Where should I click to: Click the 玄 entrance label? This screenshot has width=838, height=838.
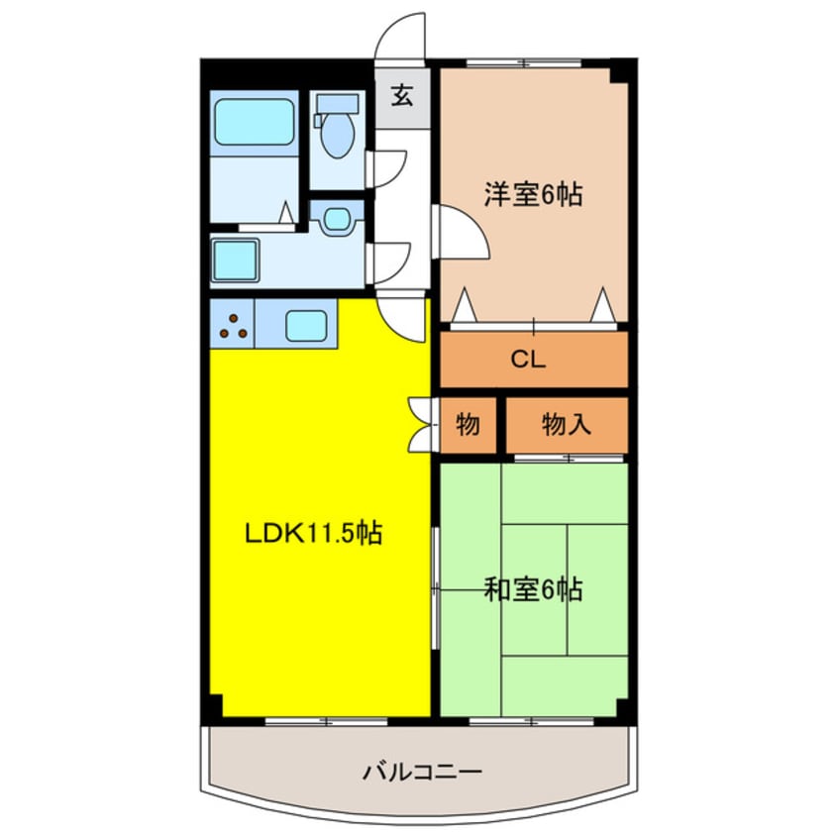[401, 96]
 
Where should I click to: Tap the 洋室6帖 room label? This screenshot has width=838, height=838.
[532, 194]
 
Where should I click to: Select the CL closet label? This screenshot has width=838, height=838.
[528, 360]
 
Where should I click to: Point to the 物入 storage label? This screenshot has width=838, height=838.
[567, 425]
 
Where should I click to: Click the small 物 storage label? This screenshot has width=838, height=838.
[468, 425]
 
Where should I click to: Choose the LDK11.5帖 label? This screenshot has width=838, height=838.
[314, 535]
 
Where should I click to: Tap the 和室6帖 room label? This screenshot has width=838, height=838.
[533, 590]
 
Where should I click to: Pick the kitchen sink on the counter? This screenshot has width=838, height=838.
[306, 323]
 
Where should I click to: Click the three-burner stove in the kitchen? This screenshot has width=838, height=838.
[234, 325]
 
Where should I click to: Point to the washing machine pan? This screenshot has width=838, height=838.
[236, 260]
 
